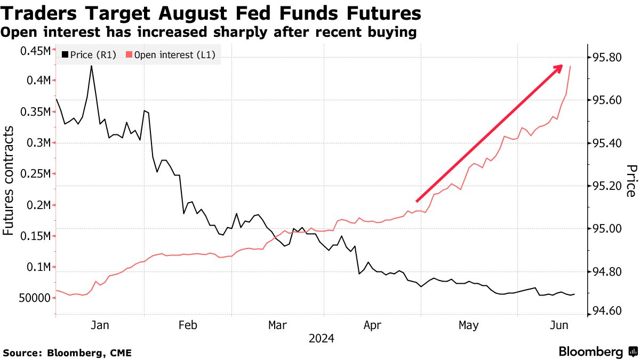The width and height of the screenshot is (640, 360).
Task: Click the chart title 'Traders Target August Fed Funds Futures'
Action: [211, 13]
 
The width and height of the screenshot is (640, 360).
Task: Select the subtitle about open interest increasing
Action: [209, 33]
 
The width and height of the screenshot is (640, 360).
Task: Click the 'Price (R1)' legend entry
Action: [89, 54]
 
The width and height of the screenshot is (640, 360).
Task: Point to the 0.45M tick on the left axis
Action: [36, 51]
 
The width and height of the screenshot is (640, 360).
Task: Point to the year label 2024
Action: [321, 339]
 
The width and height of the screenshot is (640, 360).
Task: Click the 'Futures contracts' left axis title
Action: [9, 181]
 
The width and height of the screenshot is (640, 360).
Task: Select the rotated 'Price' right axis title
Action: [630, 181]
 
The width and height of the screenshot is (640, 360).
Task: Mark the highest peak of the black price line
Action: [91, 66]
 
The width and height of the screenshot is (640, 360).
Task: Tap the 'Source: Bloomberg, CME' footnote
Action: [67, 353]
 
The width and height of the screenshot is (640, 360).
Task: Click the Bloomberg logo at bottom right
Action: [597, 351]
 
